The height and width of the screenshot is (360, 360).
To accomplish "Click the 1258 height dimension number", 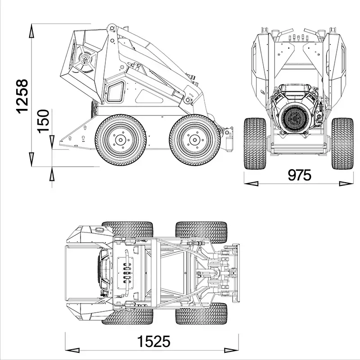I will point(22,96).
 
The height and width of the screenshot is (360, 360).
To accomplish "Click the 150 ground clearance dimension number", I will point(43,121).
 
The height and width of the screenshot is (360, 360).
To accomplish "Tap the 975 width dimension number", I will point(299,175).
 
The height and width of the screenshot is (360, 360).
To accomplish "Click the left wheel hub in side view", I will point(121,140).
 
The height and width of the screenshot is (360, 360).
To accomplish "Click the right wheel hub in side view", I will point(195,140).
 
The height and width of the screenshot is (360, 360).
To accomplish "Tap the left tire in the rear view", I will point(254,143).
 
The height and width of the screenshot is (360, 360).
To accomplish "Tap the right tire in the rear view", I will point(342,143).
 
